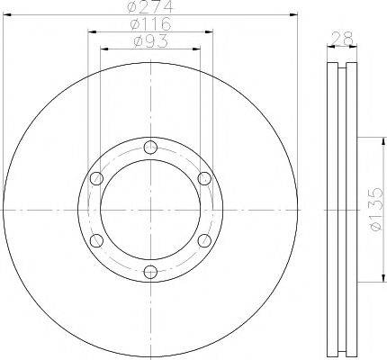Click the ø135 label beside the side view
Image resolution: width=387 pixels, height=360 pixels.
point(378,212)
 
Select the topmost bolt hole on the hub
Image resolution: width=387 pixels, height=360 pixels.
point(150,148)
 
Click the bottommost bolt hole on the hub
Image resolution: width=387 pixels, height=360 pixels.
point(150,272)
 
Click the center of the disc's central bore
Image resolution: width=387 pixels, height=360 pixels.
point(150,210)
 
